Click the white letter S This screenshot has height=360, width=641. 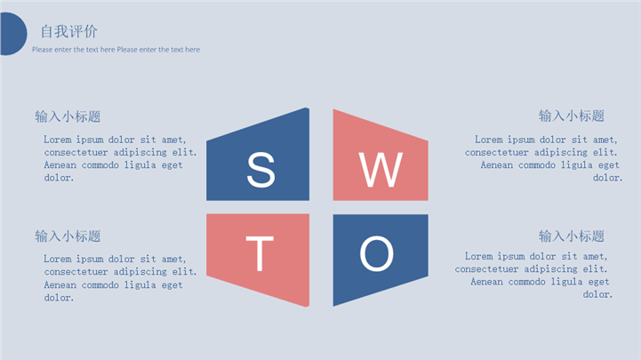tap(260, 170)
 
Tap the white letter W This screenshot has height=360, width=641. tap(381, 170)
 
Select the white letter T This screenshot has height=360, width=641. tap(260, 253)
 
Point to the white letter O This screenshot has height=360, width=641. tap(376, 253)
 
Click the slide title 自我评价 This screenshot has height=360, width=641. tap(68, 31)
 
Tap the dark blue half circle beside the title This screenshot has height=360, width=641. tap(13, 34)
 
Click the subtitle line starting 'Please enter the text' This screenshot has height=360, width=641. tap(116, 50)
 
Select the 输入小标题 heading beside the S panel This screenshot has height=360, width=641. tap(68, 116)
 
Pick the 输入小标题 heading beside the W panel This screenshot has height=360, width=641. tap(572, 116)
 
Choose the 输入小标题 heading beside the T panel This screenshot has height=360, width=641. tap(68, 236)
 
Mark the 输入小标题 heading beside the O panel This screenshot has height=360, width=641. tap(572, 236)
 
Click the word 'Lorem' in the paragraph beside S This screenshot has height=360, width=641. tap(57, 140)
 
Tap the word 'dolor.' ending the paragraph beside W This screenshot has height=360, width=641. tap(608, 178)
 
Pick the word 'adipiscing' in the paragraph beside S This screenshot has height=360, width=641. tap(140, 152)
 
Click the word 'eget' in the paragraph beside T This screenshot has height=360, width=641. tap(172, 285)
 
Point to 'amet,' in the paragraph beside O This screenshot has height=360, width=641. tap(596, 256)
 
